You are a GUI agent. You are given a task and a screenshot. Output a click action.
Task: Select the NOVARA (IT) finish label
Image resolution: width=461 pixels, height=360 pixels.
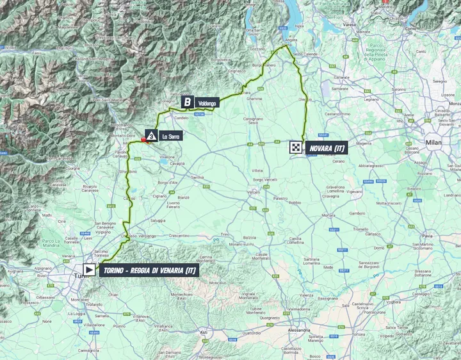tap(327, 148)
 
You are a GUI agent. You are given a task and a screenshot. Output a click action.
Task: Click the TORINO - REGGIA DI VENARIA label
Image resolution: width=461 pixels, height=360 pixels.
tap(149, 271)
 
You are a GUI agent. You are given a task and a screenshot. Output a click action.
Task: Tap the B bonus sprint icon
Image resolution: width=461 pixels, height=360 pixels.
tap(187, 102)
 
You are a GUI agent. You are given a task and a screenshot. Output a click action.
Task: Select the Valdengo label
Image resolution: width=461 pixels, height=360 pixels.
tap(209, 102)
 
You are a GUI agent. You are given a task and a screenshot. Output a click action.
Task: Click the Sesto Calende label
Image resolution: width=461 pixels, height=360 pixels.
tap(302, 55)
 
